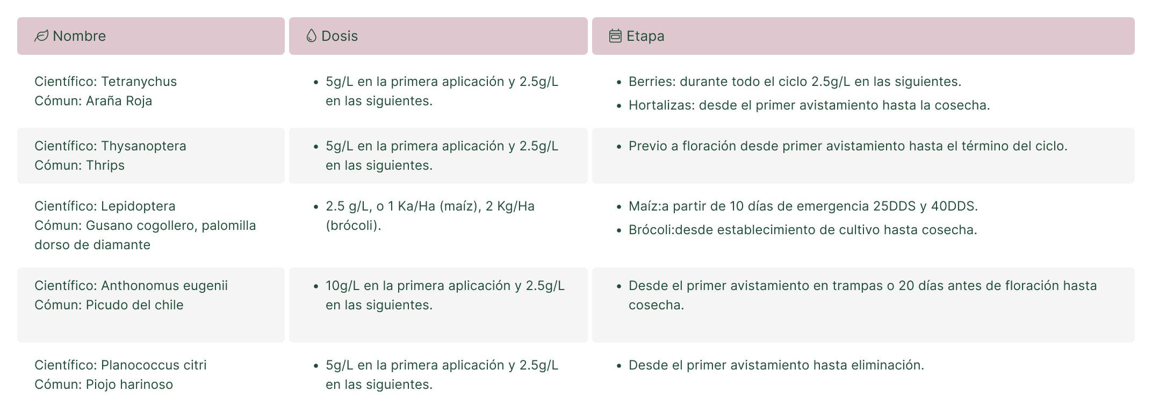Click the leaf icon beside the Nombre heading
41,36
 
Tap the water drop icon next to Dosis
311,36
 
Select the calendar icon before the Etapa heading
615,36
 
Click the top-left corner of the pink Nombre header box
17,17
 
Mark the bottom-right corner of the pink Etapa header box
1135,55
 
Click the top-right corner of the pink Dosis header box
588,17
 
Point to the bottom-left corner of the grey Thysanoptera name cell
17,184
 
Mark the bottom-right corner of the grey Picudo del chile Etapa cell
1135,343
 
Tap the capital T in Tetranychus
105,82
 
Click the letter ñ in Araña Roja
117,101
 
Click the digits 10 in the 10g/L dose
333,286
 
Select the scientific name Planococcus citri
154,365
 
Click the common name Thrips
105,165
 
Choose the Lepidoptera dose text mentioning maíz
430,216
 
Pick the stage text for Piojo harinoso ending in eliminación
776,365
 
